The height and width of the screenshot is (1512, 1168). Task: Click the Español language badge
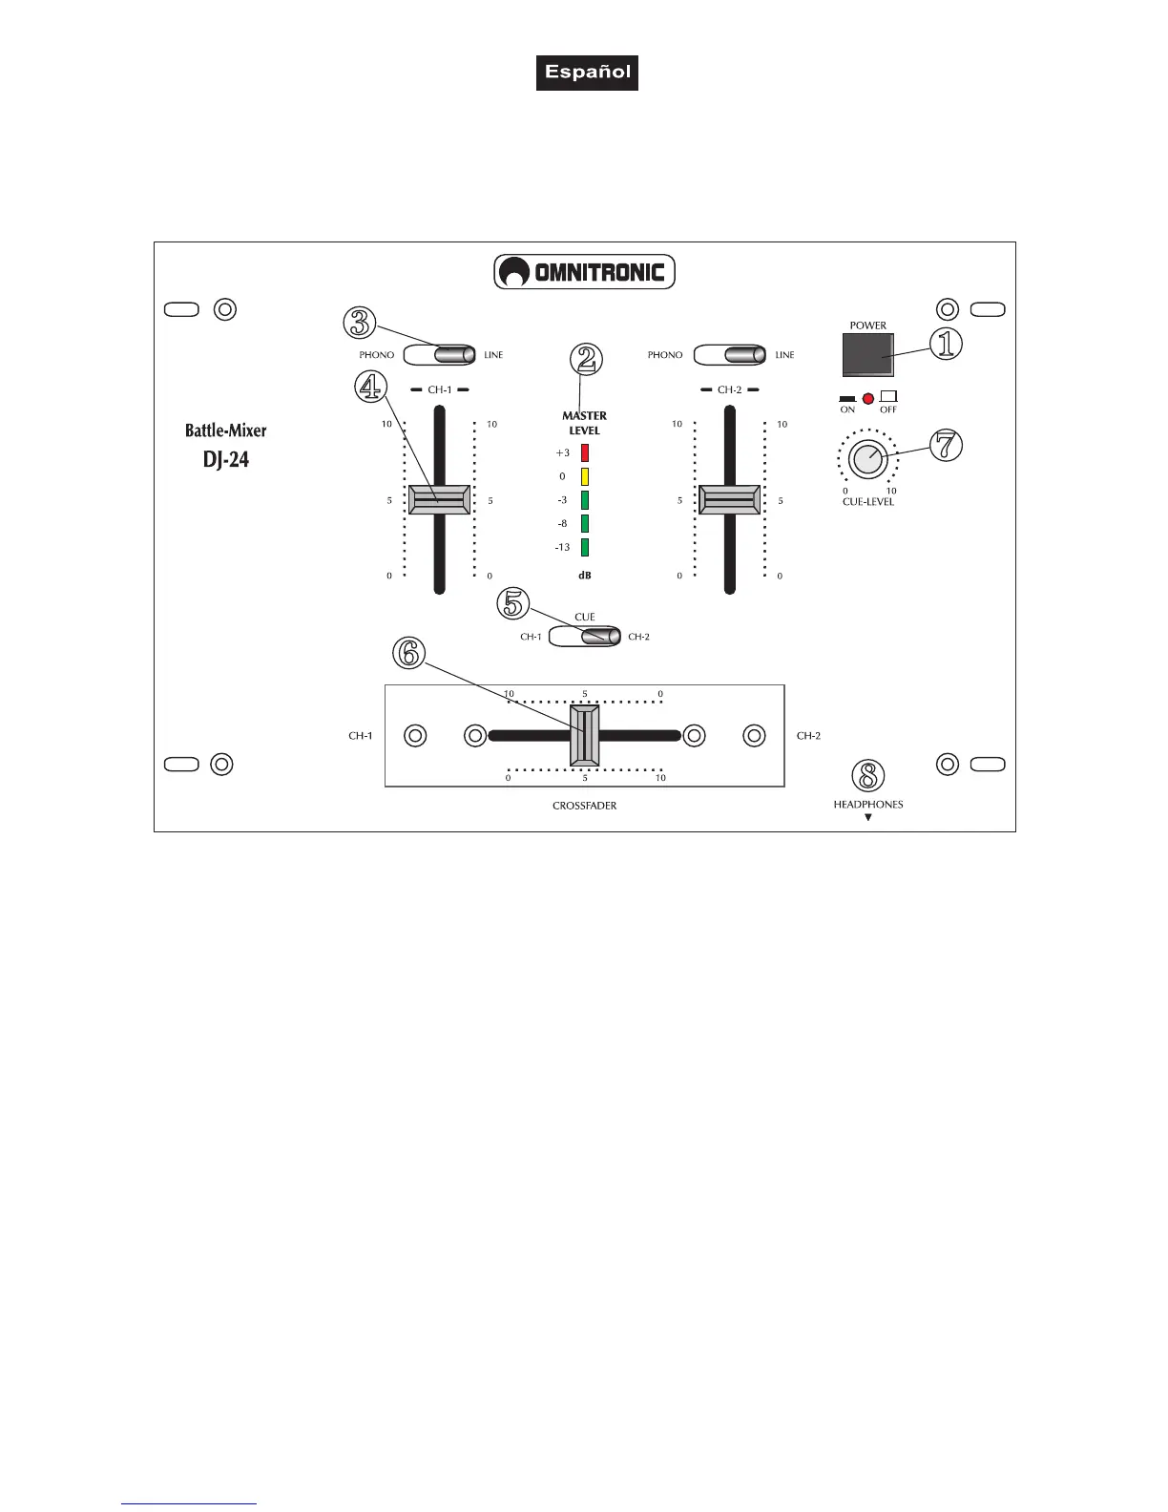tap(587, 73)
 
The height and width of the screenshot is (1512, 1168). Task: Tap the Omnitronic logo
tap(584, 272)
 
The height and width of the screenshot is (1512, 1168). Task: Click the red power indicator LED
tap(868, 398)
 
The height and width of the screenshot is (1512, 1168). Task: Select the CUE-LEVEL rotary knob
tap(866, 460)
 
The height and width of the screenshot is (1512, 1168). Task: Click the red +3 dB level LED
tap(585, 452)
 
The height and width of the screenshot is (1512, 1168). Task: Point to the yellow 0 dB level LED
tap(585, 476)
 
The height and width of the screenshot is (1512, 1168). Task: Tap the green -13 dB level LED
tap(585, 547)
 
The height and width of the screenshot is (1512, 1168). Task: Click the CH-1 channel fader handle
tap(439, 500)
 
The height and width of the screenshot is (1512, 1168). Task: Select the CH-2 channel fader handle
tap(730, 500)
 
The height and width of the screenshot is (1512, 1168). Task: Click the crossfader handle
tap(585, 735)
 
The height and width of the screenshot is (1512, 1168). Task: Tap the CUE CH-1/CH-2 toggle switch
tap(585, 637)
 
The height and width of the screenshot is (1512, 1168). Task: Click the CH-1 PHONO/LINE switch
tap(439, 355)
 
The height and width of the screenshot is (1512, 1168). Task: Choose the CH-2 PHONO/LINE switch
tap(730, 355)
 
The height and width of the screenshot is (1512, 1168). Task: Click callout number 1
tap(946, 345)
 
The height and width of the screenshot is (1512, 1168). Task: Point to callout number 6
tap(408, 653)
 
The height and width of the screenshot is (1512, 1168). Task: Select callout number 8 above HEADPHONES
tap(867, 776)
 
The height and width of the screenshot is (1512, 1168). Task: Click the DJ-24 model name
tap(226, 459)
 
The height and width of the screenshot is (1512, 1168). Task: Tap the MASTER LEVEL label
tap(584, 423)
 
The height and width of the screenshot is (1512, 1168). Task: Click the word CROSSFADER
tap(584, 806)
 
